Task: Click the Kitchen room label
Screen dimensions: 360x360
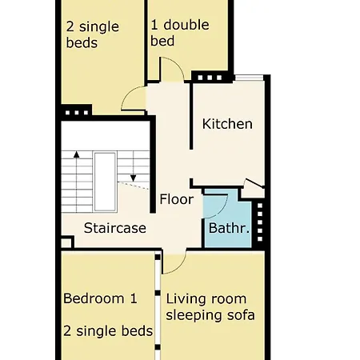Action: (x=227, y=124)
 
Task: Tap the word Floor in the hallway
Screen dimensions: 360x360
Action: (x=176, y=199)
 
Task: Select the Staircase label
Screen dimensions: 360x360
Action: (x=115, y=228)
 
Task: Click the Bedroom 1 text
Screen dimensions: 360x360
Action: (x=100, y=298)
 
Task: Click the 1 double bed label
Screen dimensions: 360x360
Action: (x=180, y=33)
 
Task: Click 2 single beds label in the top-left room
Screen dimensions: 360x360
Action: (x=92, y=34)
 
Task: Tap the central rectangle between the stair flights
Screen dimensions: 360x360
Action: (x=106, y=176)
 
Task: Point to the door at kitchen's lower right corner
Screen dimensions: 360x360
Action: (x=254, y=188)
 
